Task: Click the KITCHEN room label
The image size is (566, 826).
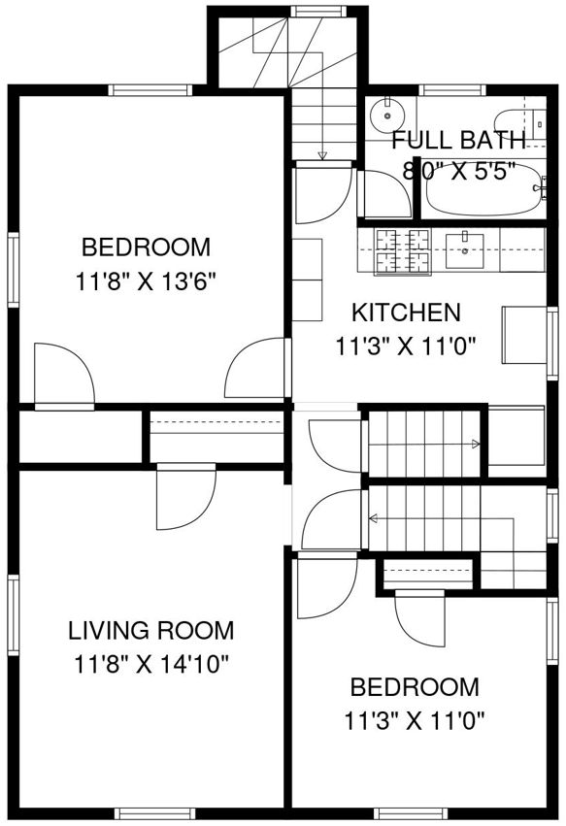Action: coord(406,313)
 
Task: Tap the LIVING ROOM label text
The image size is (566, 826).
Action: coord(151,631)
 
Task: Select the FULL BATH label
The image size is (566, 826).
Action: coord(459,140)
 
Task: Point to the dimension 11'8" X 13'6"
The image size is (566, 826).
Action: coord(147,281)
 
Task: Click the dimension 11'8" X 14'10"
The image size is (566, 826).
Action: coord(151,664)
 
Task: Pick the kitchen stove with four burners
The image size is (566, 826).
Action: coord(403,251)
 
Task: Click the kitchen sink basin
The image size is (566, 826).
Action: coord(465,250)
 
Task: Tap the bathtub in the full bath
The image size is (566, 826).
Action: coord(483,187)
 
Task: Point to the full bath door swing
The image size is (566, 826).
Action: coord(384,194)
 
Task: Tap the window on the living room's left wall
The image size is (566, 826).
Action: coord(14,614)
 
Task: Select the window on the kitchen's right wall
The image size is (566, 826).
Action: coord(552,343)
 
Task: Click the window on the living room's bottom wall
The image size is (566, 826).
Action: coord(154,813)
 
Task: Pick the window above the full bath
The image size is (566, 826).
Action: coord(451,90)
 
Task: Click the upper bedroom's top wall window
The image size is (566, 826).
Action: coord(150,90)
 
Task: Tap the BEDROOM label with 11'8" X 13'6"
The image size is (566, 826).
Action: coord(147,248)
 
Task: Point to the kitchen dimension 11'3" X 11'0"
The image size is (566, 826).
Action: coord(406,347)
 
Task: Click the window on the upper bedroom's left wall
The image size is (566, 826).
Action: coord(14,269)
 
